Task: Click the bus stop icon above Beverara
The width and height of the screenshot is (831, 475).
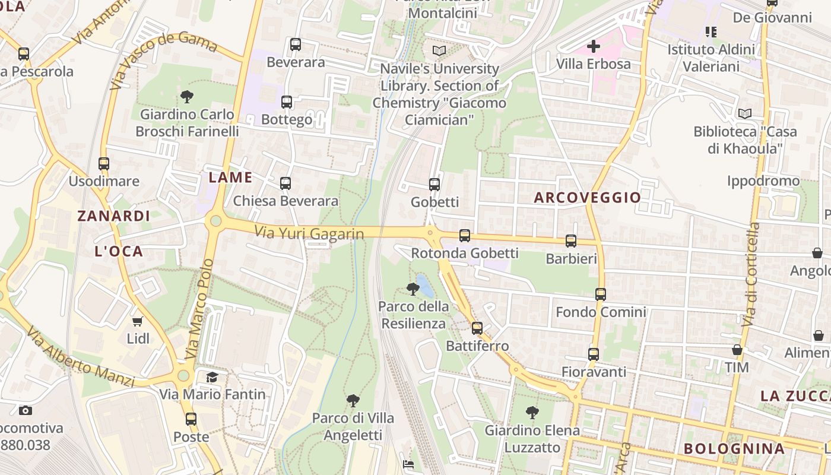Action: point(296,45)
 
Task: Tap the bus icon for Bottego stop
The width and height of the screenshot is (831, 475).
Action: point(287,102)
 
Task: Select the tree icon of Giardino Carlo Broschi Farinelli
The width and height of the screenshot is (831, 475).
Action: point(187,96)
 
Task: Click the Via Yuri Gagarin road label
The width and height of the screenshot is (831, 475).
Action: point(309,233)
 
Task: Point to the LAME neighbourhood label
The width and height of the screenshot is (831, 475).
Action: point(230,178)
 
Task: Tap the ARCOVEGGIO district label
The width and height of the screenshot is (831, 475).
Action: point(587,198)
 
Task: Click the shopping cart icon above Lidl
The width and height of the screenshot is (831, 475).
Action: point(138,321)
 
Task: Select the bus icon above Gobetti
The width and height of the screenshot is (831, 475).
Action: point(434,185)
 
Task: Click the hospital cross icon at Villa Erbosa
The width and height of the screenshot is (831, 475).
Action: point(593,46)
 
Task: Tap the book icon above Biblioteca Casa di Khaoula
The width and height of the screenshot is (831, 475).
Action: point(744,113)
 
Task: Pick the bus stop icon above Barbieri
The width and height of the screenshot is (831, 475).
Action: point(571,241)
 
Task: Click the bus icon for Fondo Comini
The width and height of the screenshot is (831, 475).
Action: point(601,294)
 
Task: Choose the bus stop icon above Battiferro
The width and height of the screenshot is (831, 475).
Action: point(477,328)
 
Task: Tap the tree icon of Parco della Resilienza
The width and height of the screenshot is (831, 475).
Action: point(413,289)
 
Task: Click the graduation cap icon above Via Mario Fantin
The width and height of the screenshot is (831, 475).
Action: point(212,377)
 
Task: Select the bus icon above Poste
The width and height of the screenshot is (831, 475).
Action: point(191,419)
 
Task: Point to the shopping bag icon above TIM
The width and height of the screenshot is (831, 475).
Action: point(737,350)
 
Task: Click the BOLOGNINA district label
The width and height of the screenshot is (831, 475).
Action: point(734,448)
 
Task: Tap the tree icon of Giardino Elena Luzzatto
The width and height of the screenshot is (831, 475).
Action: point(532,413)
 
